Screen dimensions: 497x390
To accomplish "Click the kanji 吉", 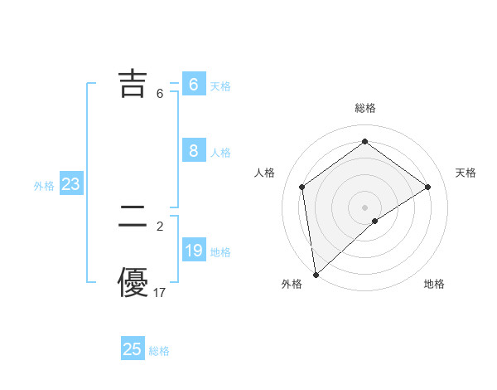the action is tap(133, 84).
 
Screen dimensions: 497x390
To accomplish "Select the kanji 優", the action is tap(133, 282).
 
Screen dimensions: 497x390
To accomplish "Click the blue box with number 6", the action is tap(193, 85).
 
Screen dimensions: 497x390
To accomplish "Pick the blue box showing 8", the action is tap(193, 151).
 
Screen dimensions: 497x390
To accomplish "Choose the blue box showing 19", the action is tap(193, 251).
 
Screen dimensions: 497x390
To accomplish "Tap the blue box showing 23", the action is tap(70, 184).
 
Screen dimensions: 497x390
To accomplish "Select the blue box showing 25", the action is tap(133, 349).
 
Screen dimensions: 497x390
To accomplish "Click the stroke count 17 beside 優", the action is tap(159, 292).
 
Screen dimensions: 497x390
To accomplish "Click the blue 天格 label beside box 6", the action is tap(220, 85).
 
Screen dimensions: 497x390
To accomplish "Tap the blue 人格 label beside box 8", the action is tap(220, 152).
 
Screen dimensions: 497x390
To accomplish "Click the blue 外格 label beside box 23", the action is tap(44, 186).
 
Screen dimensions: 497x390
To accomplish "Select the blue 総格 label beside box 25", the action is tap(159, 351).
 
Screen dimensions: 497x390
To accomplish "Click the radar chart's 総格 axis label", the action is tap(364, 108).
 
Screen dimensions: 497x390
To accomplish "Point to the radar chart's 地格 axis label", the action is tap(434, 284).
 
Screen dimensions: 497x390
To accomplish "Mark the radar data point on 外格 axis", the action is tap(315, 274).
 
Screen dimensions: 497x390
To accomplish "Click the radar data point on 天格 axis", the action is tap(427, 187).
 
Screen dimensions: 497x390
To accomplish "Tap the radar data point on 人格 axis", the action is tap(302, 187).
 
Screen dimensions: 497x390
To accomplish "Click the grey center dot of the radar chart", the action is tap(364, 207).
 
